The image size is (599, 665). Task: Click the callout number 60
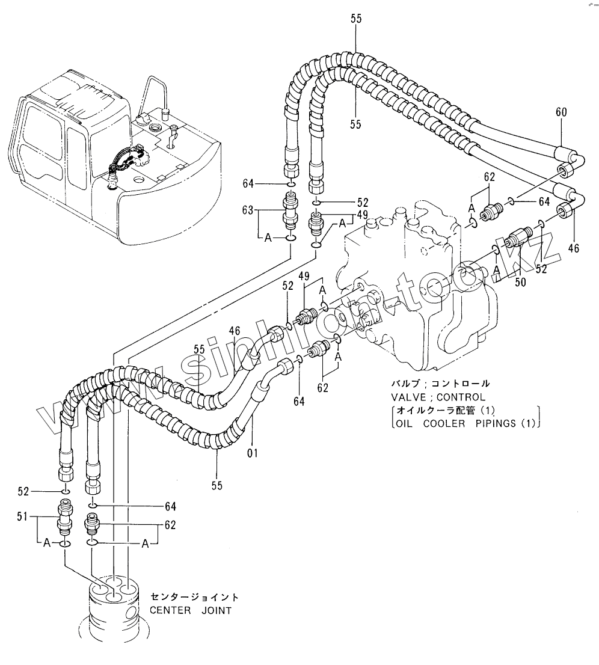561,112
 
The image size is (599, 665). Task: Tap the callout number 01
253,453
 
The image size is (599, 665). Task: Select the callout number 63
248,210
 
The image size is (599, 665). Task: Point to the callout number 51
22,516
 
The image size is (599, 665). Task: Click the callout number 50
520,282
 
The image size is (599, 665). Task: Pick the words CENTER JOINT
191,611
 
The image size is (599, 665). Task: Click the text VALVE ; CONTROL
438,397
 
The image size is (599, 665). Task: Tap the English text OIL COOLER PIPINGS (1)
465,423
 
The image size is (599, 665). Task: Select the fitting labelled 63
290,209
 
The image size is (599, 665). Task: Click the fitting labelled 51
64,518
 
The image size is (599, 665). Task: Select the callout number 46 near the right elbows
573,248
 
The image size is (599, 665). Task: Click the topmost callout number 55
356,18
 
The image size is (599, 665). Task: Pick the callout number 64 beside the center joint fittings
170,506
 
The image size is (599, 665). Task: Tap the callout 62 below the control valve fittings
322,388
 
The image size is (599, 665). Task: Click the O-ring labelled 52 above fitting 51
65,492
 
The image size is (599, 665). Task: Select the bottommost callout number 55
217,485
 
